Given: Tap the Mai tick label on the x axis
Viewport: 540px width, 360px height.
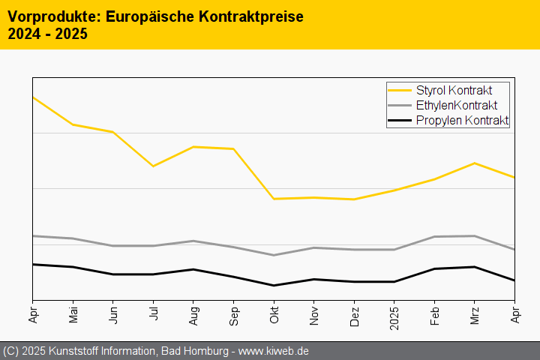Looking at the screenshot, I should point(73,313).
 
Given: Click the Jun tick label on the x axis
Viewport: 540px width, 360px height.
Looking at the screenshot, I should point(113,313).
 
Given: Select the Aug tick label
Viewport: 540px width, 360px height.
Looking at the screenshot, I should point(193,313).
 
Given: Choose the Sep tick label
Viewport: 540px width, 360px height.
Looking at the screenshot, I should point(233,313).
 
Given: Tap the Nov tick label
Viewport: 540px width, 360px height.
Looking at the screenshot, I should point(313,313).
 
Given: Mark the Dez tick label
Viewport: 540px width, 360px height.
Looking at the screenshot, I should point(354,313).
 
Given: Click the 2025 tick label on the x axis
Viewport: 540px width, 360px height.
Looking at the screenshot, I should point(394,315).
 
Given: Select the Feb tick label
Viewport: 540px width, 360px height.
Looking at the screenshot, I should point(434,313).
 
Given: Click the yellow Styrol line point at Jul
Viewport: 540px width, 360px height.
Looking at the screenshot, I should point(153,166).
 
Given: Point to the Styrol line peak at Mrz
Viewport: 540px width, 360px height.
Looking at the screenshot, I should point(475,163).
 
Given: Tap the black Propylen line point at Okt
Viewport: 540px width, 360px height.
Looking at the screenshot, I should point(274,285).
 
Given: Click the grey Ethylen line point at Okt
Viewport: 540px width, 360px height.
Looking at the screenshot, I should point(274,255).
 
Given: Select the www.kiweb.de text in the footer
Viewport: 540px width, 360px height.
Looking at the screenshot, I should point(274,351).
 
